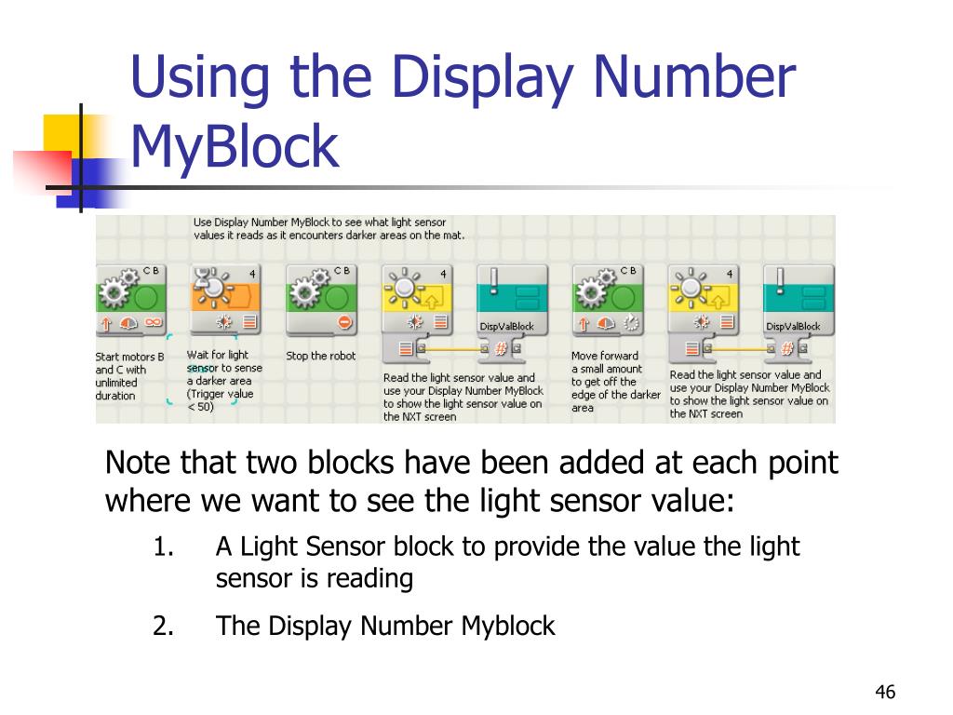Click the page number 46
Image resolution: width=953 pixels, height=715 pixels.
click(885, 692)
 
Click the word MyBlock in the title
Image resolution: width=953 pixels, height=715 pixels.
click(235, 146)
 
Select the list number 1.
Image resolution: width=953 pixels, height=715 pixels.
click(163, 546)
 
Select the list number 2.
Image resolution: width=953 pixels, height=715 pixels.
click(163, 626)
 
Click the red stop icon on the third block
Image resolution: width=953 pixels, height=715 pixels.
click(344, 322)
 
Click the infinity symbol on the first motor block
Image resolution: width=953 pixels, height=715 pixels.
click(154, 322)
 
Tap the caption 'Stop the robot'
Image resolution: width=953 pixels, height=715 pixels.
click(321, 356)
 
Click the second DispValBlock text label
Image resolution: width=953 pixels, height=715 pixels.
click(793, 327)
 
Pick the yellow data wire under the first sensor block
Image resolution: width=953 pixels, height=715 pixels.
click(451, 349)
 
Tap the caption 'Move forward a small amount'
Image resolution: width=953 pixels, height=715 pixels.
click(606, 362)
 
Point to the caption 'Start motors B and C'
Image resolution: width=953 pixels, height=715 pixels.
click(129, 363)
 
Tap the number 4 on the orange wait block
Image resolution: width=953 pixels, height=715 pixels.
click(253, 275)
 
